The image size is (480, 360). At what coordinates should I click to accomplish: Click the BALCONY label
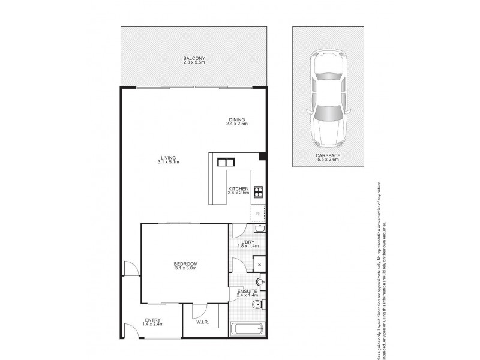click(193, 58)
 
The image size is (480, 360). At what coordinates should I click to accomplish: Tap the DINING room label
click(237, 119)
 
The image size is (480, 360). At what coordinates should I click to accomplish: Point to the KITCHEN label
click(238, 190)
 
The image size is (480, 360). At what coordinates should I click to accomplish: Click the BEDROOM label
click(185, 265)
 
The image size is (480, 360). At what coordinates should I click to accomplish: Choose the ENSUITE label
click(247, 291)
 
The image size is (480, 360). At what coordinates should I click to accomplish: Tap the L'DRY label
click(247, 242)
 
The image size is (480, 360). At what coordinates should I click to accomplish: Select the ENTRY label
click(153, 320)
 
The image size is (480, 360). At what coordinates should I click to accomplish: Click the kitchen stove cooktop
click(259, 192)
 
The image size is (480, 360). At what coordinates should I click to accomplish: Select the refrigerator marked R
click(257, 213)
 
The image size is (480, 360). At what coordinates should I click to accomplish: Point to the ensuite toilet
click(260, 282)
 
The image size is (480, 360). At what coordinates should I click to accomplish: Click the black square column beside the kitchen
click(262, 157)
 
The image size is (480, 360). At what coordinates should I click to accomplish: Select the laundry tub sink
click(260, 229)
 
